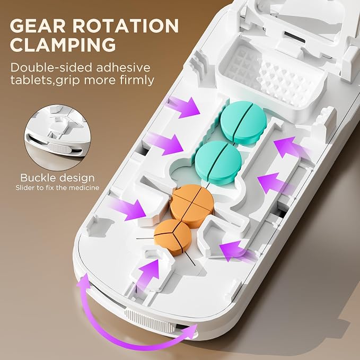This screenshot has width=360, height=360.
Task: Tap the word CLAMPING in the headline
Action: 63,45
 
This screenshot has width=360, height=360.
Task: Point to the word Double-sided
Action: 51,67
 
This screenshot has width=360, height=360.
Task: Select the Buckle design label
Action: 57,178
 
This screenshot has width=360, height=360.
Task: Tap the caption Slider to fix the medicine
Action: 57,188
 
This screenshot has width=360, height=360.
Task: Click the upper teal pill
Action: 243,122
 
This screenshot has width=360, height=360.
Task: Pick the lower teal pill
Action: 218,160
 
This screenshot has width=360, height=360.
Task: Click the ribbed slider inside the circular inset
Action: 59,148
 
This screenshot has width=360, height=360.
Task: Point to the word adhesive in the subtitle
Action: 123,67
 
